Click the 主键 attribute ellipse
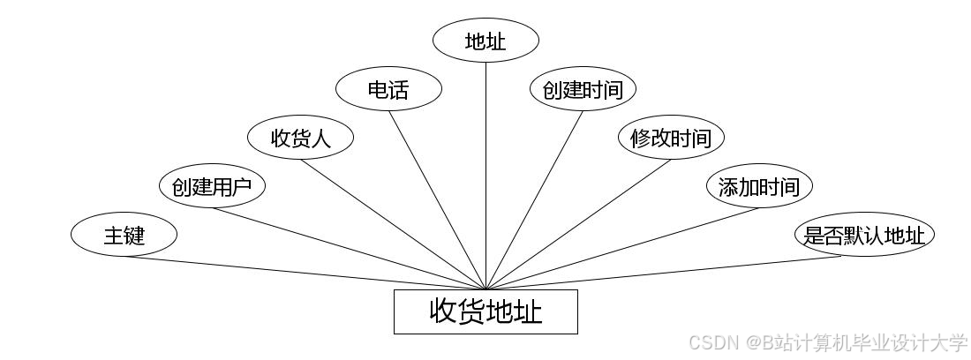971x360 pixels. [124, 236]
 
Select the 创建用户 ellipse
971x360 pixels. [212, 186]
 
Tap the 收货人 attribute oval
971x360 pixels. [300, 138]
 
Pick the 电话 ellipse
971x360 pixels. [388, 89]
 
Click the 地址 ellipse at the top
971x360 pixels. [485, 41]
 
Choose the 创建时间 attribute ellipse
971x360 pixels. [583, 89]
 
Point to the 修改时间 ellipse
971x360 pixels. [671, 138]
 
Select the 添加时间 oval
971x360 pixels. [759, 186]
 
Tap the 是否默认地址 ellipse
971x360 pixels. [864, 236]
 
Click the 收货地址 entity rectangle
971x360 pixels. [485, 311]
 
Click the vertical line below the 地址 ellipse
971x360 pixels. [485, 176]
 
